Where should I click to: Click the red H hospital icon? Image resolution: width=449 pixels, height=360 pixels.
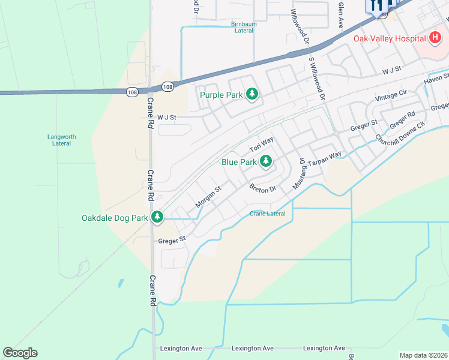pos(436,38)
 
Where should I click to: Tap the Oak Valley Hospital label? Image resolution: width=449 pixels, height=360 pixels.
pos(389,39)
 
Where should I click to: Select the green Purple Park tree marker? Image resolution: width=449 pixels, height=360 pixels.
pos(253,94)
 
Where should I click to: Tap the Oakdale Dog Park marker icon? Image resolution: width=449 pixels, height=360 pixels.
pos(157,217)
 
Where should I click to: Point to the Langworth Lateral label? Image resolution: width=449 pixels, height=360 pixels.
pos(62,140)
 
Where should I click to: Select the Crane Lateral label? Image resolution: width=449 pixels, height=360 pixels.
pos(268,214)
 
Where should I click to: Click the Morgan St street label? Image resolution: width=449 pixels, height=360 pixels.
pos(208,197)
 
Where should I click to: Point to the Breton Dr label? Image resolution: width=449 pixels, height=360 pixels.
pos(262,188)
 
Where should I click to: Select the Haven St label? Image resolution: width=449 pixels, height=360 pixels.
pos(436,79)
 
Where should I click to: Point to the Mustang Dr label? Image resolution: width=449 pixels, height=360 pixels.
pos(299,174)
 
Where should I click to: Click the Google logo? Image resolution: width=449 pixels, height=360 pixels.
pos(20,353)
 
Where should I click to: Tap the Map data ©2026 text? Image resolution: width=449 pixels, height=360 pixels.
pos(423,355)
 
